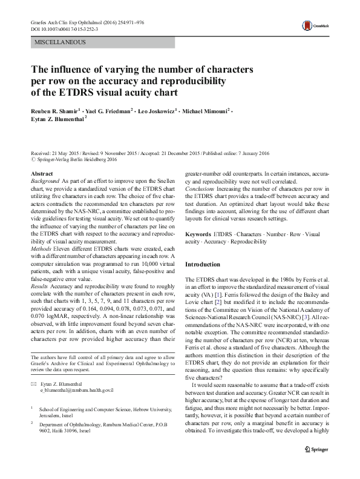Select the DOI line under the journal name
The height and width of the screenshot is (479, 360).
(x=66, y=28)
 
